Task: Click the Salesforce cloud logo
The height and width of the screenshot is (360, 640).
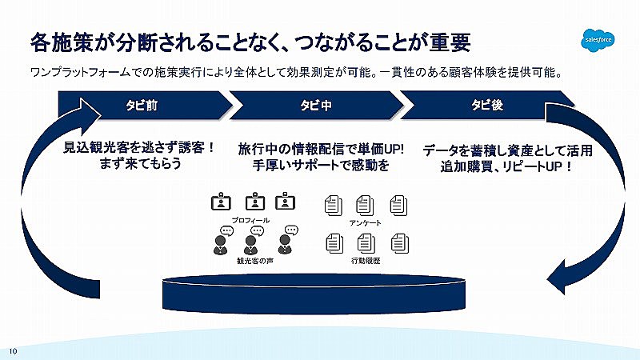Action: tap(598, 40)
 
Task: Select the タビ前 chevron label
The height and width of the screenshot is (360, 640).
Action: tap(142, 106)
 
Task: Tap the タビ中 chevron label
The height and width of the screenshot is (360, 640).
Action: tap(316, 106)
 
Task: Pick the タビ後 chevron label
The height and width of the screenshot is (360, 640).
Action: tap(487, 105)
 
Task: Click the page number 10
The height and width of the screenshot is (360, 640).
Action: tap(13, 351)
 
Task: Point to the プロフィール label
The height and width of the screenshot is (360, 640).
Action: tap(250, 221)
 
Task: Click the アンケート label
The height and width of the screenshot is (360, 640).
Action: tap(366, 223)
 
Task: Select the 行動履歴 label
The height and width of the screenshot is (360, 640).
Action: tap(366, 261)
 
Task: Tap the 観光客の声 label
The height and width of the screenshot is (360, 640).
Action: tap(255, 261)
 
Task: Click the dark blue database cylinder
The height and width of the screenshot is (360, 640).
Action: tap(314, 294)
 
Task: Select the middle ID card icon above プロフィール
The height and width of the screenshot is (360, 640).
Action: tap(255, 202)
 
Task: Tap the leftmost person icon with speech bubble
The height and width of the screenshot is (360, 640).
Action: tap(222, 241)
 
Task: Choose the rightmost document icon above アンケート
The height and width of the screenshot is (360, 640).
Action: tap(398, 206)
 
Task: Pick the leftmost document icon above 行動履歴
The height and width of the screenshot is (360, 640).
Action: tap(334, 243)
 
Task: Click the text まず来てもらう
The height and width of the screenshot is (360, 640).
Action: tap(140, 164)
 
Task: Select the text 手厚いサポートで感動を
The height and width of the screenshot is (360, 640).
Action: tap(321, 166)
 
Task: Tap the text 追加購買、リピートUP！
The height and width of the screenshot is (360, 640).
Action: tap(507, 166)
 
